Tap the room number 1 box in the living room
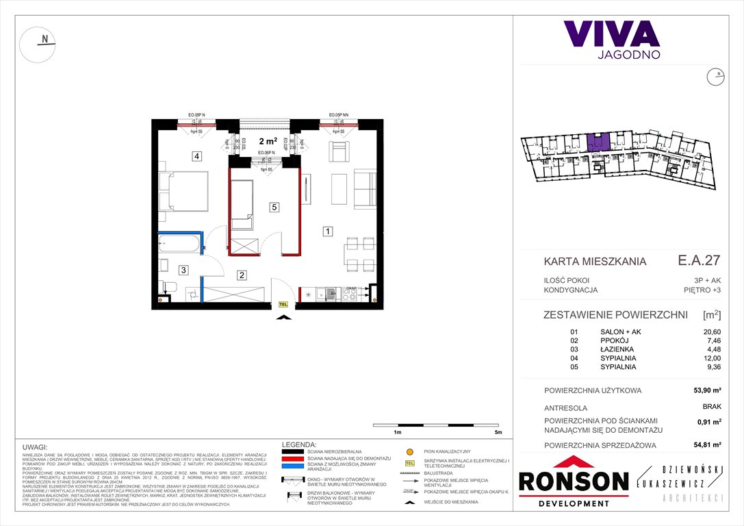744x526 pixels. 329,231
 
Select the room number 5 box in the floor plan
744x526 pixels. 273,207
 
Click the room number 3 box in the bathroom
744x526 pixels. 183,270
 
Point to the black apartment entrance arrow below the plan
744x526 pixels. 283,316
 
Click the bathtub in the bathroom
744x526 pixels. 180,243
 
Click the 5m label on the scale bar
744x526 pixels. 498,433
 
